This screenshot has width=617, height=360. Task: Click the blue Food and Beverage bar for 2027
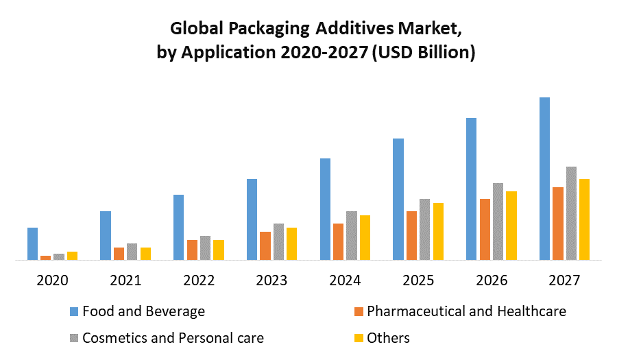[x=544, y=178]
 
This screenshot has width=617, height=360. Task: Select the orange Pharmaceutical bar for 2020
[x=45, y=258]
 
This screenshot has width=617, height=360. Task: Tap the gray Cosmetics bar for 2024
[x=352, y=235]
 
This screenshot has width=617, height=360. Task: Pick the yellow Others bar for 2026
[x=511, y=226]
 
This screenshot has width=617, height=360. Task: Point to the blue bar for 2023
[x=252, y=219]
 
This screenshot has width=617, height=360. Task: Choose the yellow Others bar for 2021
[x=145, y=254]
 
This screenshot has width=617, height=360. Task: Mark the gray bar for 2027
[x=571, y=213]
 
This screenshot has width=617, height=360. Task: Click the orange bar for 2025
[x=411, y=235]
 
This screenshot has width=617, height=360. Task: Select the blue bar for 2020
[x=32, y=243]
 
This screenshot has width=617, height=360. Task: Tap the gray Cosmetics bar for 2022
[x=205, y=248]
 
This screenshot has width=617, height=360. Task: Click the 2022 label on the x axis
[x=199, y=280]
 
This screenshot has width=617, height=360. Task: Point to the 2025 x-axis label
[x=418, y=280]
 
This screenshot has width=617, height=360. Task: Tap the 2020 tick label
[x=52, y=280]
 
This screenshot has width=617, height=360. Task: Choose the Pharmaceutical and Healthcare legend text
[x=467, y=311]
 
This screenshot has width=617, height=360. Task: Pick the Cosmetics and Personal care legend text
[x=173, y=337]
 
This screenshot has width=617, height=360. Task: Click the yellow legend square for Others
[x=358, y=338]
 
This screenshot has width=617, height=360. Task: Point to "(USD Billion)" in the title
[x=423, y=53]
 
